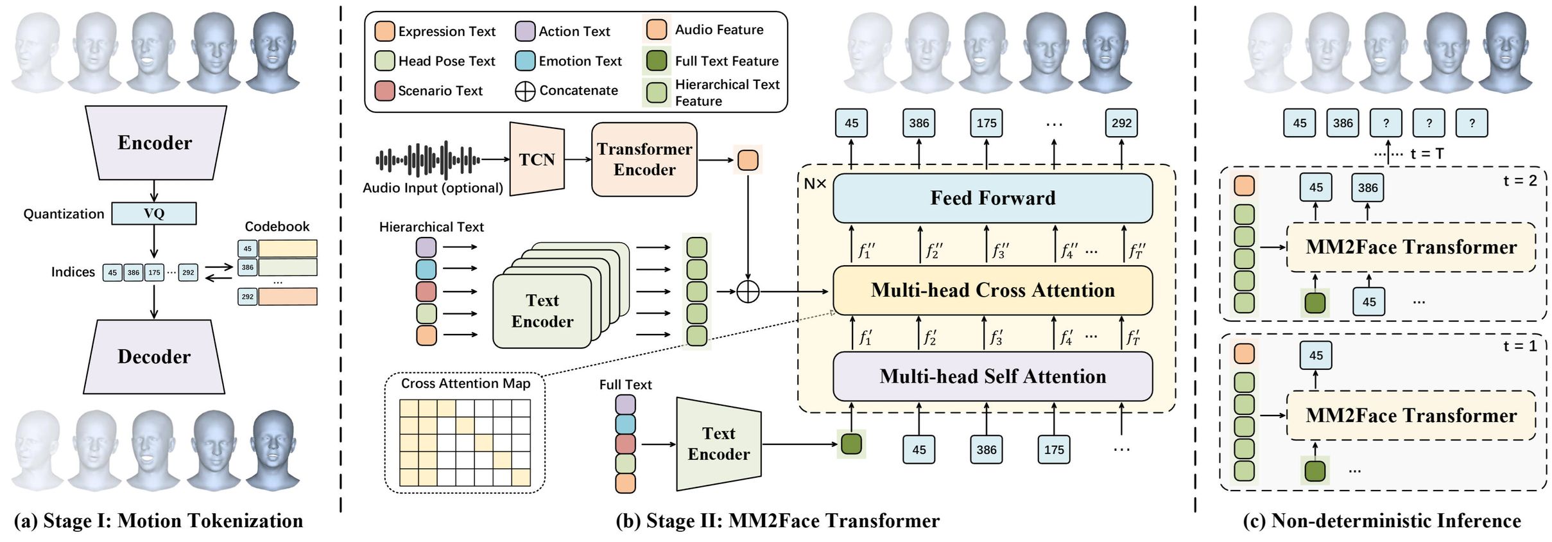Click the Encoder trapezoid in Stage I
tap(155, 143)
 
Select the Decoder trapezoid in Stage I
tap(154, 356)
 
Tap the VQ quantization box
tap(154, 214)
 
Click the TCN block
tap(537, 159)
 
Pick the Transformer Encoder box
tap(644, 159)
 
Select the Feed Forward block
tap(992, 198)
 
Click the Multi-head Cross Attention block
tap(992, 290)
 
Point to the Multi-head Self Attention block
tap(992, 376)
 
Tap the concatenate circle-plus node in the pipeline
tap(748, 292)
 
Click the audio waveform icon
tap(427, 159)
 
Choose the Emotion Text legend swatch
tap(525, 61)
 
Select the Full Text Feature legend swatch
tap(657, 61)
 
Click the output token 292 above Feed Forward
tap(1121, 123)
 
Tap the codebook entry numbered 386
tap(248, 267)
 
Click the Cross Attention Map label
tap(465, 383)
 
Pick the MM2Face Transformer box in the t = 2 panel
tap(1411, 247)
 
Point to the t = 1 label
tap(1520, 346)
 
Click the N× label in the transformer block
tap(815, 184)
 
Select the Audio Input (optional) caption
tap(433, 188)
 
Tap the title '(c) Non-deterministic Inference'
tap(1381, 521)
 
